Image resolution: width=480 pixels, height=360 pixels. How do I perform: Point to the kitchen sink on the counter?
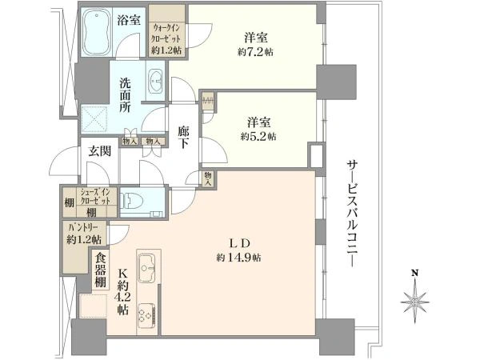tap(148, 265)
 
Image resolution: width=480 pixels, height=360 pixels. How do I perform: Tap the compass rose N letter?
tap(414, 273)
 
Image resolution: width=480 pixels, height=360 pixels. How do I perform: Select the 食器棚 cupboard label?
tap(100, 270)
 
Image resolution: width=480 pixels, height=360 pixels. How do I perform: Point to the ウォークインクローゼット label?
tap(168, 36)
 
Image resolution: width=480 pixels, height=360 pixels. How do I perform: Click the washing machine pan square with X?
tap(98, 120)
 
